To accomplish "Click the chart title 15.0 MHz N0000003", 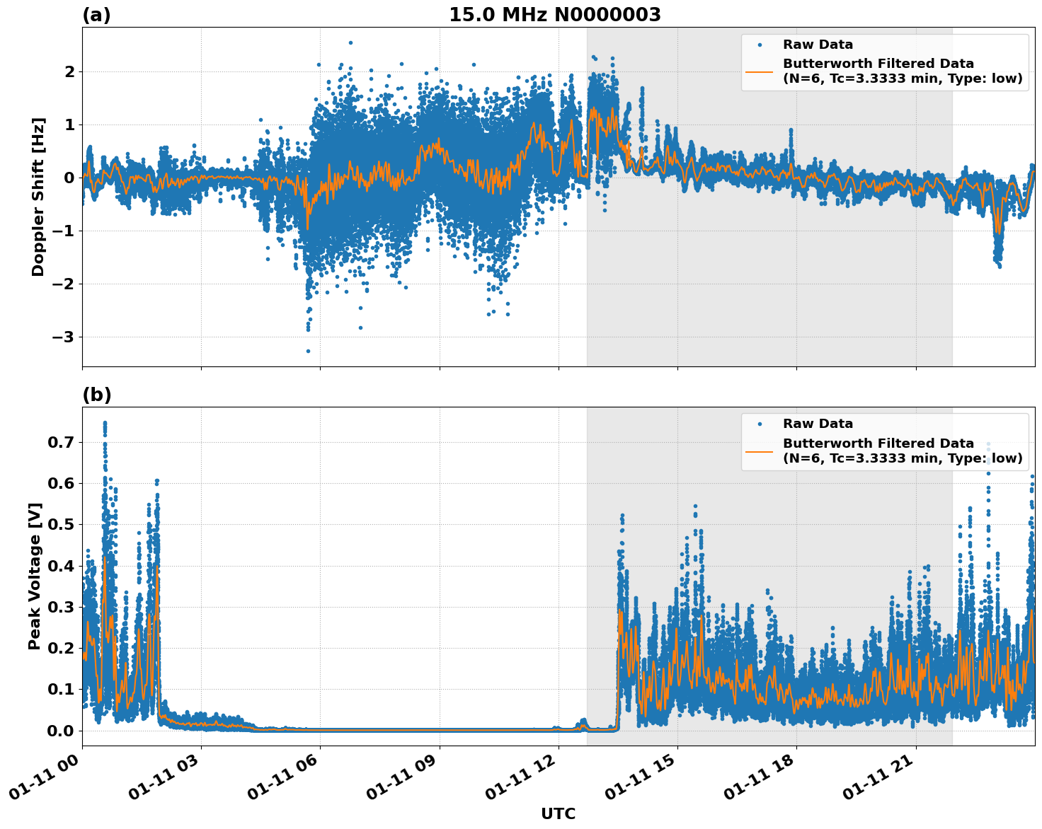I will pyautogui.click(x=554, y=15).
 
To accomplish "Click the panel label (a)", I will pyautogui.click(x=96, y=15).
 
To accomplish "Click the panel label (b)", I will pyautogui.click(x=97, y=395).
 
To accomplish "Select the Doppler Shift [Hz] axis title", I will pyautogui.click(x=38, y=197).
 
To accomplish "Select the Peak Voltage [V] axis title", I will pyautogui.click(x=35, y=576).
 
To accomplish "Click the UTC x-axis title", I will pyautogui.click(x=558, y=813).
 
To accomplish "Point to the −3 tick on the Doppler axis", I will pyautogui.click(x=63, y=337).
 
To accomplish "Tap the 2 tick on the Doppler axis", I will pyautogui.click(x=69, y=72).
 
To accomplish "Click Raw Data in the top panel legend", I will pyautogui.click(x=818, y=45).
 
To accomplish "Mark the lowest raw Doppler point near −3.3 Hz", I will pyautogui.click(x=308, y=351).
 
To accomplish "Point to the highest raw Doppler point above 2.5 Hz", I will pyautogui.click(x=350, y=42).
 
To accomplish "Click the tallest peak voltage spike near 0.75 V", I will pyautogui.click(x=105, y=423).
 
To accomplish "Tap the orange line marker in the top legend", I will pyautogui.click(x=759, y=71).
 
